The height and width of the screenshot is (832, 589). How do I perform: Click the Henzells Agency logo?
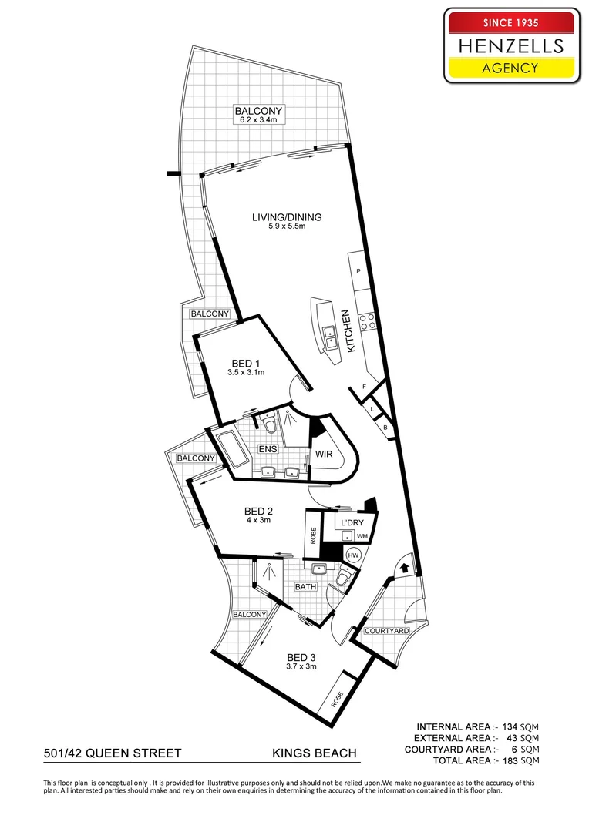pos(512,45)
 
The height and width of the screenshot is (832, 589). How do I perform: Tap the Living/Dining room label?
pos(287,217)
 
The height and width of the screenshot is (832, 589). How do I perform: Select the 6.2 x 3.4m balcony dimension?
pos(258,120)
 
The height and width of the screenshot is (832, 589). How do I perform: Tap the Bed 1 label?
pos(246,364)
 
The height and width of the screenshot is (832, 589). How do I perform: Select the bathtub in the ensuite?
pos(231,451)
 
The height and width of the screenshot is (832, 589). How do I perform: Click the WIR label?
pos(324,455)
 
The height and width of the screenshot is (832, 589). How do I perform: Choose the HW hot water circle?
pos(353,555)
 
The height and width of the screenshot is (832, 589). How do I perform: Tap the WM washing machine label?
pos(362,536)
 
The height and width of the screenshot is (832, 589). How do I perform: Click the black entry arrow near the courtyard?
pos(404,567)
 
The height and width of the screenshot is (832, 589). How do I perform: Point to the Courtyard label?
pos(387,631)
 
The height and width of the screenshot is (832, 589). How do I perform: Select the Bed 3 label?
pos(301,658)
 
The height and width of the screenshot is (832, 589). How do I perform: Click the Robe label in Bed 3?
pos(337,699)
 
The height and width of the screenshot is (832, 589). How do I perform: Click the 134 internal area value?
pos(510,727)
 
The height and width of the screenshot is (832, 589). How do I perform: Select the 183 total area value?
pos(510,760)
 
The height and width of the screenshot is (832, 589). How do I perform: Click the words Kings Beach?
pos(315,753)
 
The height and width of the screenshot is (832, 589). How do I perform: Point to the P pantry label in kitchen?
pos(358,271)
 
